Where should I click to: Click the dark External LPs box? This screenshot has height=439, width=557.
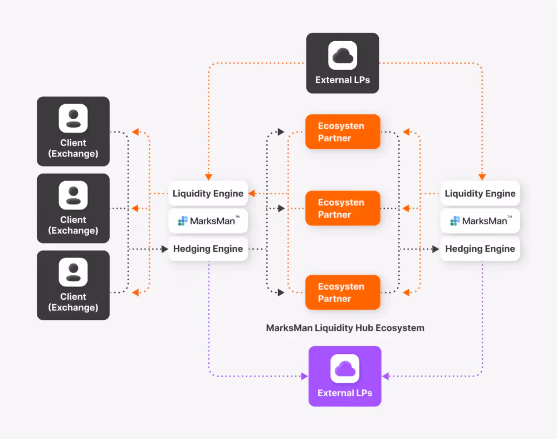tap(343, 63)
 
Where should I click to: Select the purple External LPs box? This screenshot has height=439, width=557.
tap(345, 376)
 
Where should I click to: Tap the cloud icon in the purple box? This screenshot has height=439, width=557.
tap(345, 369)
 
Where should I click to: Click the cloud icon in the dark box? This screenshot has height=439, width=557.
tap(343, 55)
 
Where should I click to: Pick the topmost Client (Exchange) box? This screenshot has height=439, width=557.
tap(73, 131)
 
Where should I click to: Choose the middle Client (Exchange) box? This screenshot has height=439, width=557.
tap(73, 208)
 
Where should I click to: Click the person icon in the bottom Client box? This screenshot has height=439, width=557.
tap(73, 272)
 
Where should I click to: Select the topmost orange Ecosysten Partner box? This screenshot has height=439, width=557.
tap(343, 132)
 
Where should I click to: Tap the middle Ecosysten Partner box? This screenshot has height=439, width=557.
tap(343, 208)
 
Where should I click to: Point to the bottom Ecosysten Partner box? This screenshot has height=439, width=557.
tap(343, 292)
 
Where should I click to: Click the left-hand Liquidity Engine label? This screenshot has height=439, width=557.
tap(208, 193)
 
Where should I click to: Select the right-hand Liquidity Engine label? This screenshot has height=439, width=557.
tap(480, 193)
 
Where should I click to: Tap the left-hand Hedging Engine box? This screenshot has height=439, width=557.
tap(208, 248)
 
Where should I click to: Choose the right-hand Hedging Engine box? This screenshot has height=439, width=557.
tap(480, 248)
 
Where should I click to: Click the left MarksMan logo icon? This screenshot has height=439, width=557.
tap(183, 221)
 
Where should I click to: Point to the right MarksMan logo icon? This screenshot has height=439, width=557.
tap(455, 221)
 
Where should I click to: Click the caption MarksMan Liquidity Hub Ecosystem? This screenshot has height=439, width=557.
tap(345, 328)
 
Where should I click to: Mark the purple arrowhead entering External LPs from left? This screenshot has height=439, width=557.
tap(305, 376)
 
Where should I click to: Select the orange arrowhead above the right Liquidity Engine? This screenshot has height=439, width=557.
tap(482, 177)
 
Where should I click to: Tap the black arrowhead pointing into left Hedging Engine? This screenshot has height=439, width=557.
tap(164, 249)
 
